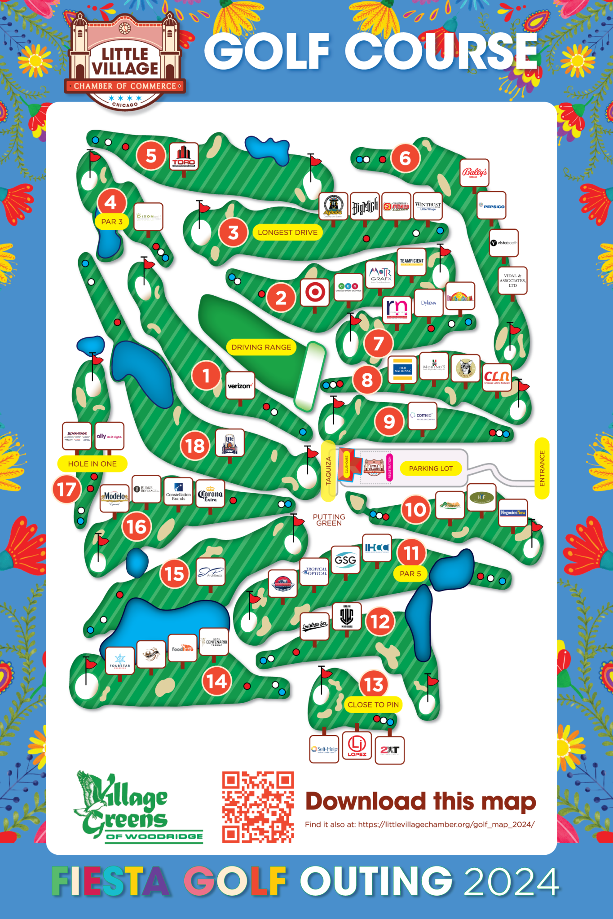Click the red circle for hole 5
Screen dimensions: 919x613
[151, 156]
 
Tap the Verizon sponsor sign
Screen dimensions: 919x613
[240, 385]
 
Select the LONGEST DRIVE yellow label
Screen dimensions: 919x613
[287, 232]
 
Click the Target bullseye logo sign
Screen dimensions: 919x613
[315, 293]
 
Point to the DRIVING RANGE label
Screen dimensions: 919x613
[261, 347]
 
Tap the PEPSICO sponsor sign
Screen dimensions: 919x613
[492, 206]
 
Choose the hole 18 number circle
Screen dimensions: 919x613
[195, 446]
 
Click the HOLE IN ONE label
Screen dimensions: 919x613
[92, 464]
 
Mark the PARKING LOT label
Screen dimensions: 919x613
[431, 468]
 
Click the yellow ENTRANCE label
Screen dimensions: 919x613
[542, 468]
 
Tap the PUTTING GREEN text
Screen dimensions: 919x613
[329, 520]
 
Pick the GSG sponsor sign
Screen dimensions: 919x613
[345, 560]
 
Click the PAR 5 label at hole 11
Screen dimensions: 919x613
[410, 574]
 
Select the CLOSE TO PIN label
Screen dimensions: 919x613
[373, 705]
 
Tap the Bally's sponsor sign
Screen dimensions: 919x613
[475, 173]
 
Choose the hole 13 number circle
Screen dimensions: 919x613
[374, 684]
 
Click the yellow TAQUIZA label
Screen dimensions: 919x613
[328, 471]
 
